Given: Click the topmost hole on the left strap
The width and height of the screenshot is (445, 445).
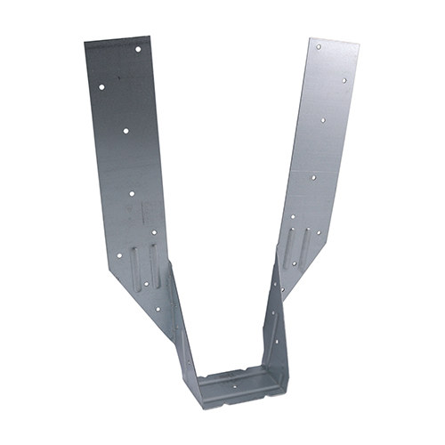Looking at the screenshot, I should (x=138, y=48).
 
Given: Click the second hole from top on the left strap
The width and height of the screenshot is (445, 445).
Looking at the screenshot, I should (x=101, y=87).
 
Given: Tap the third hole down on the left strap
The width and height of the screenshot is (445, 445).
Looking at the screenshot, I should (x=126, y=131).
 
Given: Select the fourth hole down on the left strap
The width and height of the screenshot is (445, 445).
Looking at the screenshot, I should (x=132, y=191).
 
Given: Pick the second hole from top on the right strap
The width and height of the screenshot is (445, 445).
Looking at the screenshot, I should (x=344, y=80).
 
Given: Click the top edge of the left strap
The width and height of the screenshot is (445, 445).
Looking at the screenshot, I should (x=116, y=40).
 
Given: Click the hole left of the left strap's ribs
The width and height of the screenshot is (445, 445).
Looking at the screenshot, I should (x=119, y=255).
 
